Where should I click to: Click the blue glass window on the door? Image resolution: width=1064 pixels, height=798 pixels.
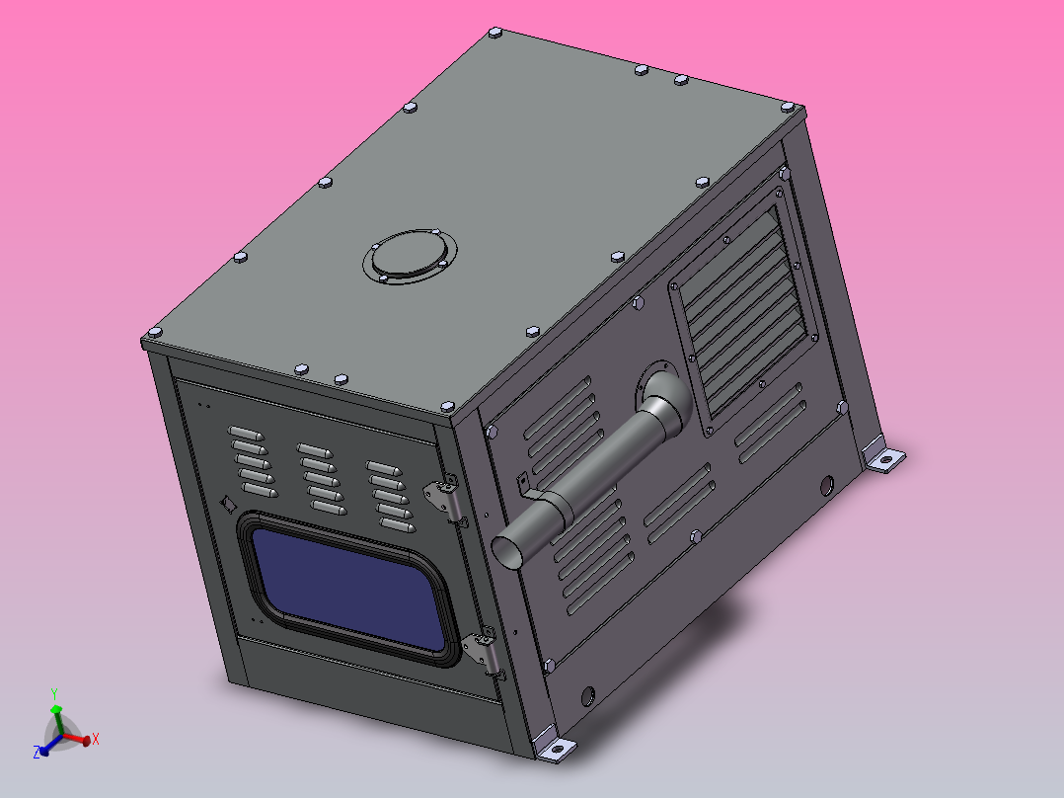coord(346,582)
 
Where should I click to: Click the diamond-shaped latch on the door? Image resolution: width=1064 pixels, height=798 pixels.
coord(228,503)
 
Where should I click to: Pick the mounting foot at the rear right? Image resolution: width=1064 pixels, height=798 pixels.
coord(883,457)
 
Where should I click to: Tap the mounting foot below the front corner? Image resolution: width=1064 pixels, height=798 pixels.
coord(553,748)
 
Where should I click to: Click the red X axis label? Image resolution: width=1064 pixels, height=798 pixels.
coord(95,739)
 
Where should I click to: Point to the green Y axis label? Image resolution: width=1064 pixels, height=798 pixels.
coord(55,693)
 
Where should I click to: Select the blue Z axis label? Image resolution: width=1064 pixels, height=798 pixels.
coord(37,753)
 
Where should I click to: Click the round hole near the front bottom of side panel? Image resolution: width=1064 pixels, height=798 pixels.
coord(589,695)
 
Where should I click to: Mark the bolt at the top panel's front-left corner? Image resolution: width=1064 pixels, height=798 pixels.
coord(153,332)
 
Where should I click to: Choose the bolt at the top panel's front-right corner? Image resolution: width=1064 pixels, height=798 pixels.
coord(445,406)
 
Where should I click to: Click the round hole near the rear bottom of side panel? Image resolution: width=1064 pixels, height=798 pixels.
coord(827,484)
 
